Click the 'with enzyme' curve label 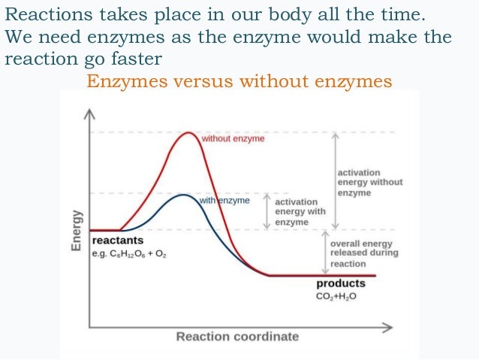(224, 201)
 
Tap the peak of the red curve (185, 132)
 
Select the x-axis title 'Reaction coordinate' (237, 336)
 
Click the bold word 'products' (340, 283)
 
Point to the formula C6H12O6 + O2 (129, 255)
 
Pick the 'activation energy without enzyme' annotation (369, 183)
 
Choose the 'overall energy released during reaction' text (363, 253)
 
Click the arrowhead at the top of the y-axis (89, 112)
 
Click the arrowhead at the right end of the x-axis (388, 327)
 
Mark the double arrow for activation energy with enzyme (267, 212)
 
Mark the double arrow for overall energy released (336, 253)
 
